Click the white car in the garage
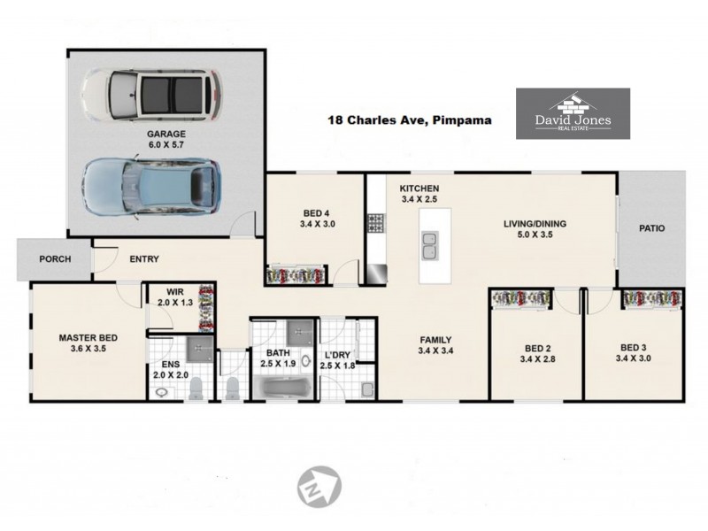pos(151,95)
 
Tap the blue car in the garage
pos(151,187)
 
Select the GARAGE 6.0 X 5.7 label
pos(166,139)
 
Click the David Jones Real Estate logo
pos(573,113)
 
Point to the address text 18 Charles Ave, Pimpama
pos(410,120)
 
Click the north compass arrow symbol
pos(319,486)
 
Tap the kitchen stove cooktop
pos(375,223)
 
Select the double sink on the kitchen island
pos(430,246)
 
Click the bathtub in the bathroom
pos(282,389)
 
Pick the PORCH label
pos(55,259)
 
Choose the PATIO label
pos(652,228)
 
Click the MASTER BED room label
pos(88,338)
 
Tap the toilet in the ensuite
pos(196,389)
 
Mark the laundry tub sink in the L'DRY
pos(367,389)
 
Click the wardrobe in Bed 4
pos(296,275)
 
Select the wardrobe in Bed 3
pos(652,298)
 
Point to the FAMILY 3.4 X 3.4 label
pos(435,345)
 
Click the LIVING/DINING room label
pos(535,224)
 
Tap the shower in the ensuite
pos(199,348)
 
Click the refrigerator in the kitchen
pos(376,274)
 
